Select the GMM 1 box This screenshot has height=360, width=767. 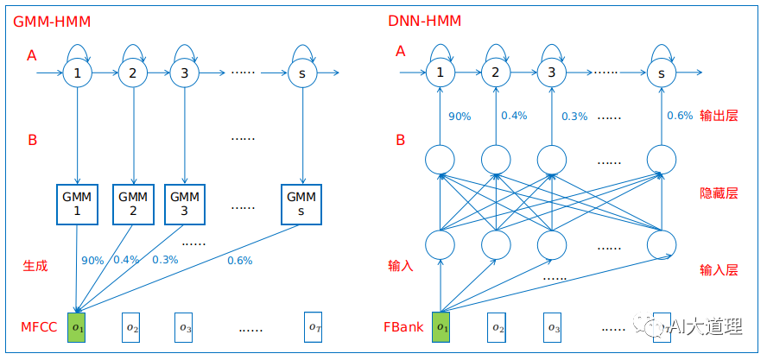(x=77, y=204)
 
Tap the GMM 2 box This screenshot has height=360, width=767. (x=133, y=204)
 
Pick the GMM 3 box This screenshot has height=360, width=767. (x=184, y=204)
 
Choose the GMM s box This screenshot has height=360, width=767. (x=302, y=204)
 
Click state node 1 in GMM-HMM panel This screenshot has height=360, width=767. (x=77, y=73)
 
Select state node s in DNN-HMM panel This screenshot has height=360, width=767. (x=661, y=73)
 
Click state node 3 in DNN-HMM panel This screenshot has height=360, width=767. (x=551, y=73)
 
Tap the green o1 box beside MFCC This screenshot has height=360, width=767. (x=77, y=327)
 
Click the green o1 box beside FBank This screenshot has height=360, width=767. (x=441, y=327)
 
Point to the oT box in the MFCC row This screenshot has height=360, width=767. (x=315, y=327)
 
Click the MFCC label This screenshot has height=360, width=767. (x=39, y=328)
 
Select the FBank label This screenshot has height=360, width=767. (x=404, y=328)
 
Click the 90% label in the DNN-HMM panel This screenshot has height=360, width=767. (x=460, y=116)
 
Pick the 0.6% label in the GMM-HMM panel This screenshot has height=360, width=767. (x=239, y=261)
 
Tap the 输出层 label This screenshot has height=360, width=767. (x=719, y=116)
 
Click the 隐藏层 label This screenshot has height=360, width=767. (x=719, y=193)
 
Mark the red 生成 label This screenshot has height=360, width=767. (x=35, y=266)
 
